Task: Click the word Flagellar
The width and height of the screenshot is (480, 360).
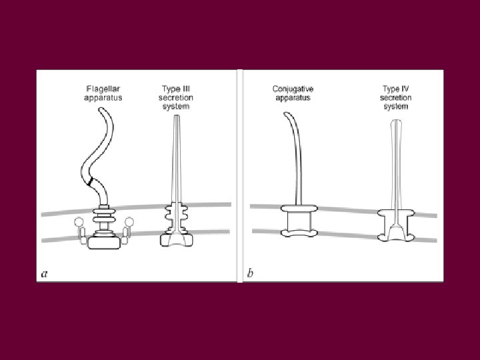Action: tap(104, 88)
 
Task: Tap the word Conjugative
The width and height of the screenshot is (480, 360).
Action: tap(293, 88)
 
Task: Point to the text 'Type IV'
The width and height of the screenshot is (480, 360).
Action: tap(396, 88)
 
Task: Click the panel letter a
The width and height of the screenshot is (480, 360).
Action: tap(44, 273)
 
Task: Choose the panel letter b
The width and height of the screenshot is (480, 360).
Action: tap(250, 273)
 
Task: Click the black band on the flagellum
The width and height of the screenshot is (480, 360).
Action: tap(90, 181)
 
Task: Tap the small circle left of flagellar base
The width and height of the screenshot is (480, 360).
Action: tap(79, 222)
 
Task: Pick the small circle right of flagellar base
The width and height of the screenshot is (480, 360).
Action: tap(129, 222)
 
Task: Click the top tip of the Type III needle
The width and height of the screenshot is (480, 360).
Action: tap(175, 117)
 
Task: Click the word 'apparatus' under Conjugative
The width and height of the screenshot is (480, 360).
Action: tap(293, 97)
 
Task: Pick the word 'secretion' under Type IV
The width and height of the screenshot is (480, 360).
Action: tap(396, 97)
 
